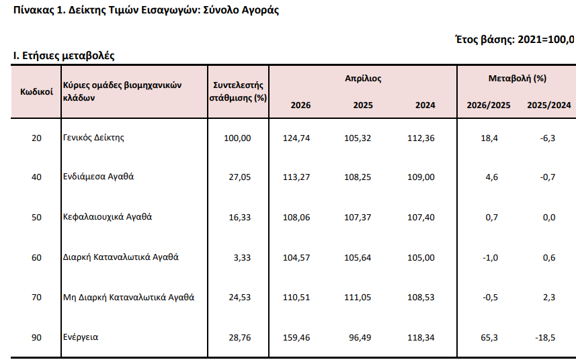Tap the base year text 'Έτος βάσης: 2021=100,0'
[x=514, y=39]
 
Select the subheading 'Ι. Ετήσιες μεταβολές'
[x=64, y=56]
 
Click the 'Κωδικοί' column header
[x=36, y=92]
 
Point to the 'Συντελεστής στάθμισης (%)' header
[x=238, y=92]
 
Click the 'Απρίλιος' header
[x=363, y=79]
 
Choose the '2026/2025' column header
[x=488, y=105]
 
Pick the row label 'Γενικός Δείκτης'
[x=93, y=138]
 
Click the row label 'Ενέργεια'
[x=81, y=337]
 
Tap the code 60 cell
[x=36, y=258]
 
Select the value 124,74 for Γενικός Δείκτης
[x=296, y=138]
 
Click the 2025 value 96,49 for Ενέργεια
[x=360, y=338]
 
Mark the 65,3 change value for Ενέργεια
[x=489, y=338]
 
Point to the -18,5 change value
[x=545, y=338]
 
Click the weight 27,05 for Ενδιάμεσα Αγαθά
[x=240, y=177]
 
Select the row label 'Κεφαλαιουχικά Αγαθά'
[x=108, y=217]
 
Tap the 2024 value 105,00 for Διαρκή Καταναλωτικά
[x=421, y=258]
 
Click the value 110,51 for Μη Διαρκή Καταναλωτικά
[x=296, y=298]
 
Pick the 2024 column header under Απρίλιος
[x=425, y=105]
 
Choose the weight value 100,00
[x=237, y=138]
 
